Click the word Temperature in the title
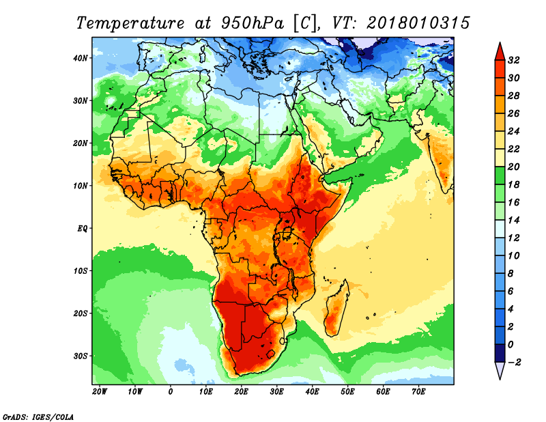pos(130,23)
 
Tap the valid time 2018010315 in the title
pos(418,23)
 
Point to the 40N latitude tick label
pos(81,58)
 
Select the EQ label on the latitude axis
pos(83,229)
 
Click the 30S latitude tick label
pos(81,356)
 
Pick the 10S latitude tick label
pos(81,271)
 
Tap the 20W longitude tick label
pos(100,392)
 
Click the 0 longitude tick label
pos(170,392)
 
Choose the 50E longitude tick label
pos(347,392)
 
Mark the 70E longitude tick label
pos(418,392)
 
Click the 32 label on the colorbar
pos(514,60)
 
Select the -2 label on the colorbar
pos(514,363)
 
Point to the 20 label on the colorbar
pos(514,167)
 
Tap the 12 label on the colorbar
pos(514,238)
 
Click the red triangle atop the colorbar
pos(500,53)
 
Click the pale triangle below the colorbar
pos(500,370)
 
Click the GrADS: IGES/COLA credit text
pos(38,417)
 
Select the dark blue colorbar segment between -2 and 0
pos(500,353)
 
